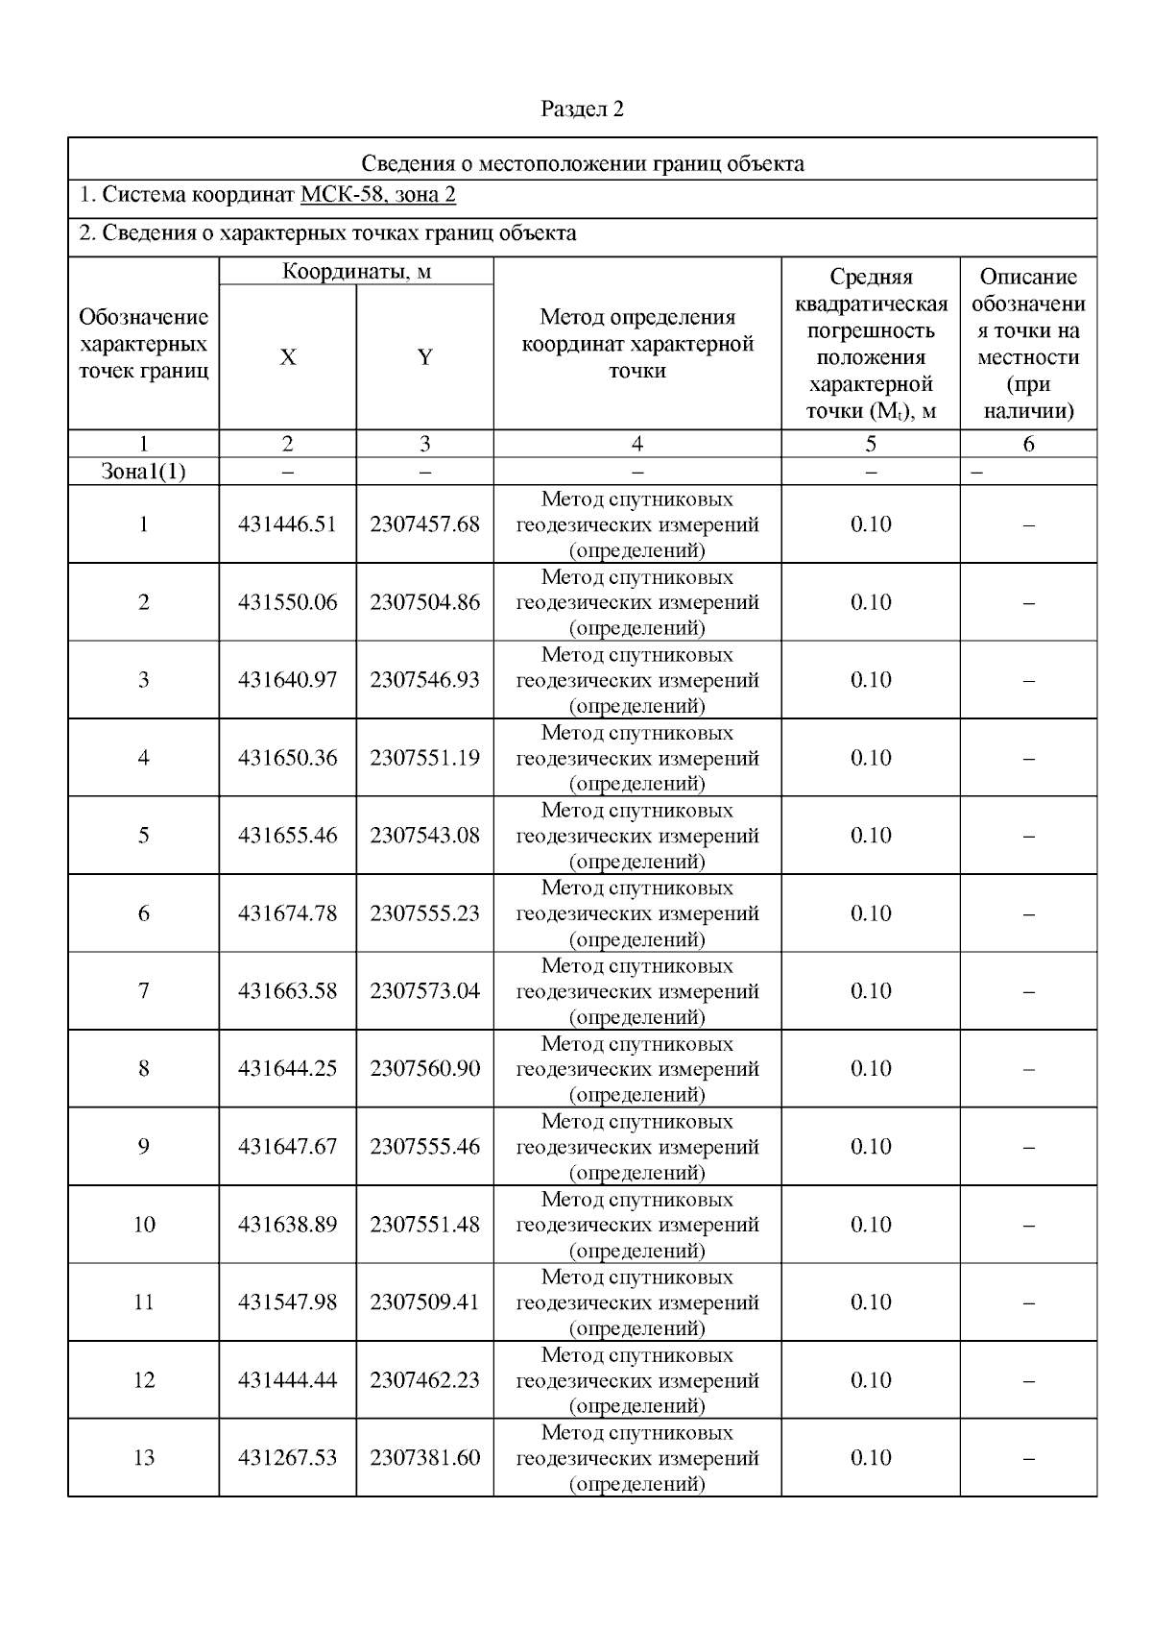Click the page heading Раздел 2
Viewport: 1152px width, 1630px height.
coord(582,109)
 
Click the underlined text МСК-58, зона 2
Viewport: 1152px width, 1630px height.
coord(377,196)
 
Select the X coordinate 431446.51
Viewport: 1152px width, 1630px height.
coord(287,524)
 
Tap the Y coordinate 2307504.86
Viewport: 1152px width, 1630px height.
coord(424,602)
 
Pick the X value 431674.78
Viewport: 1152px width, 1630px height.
coord(287,913)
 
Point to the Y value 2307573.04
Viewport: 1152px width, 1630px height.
coord(424,991)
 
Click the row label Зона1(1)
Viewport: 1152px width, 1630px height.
coord(143,472)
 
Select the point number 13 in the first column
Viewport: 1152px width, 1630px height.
coord(143,1458)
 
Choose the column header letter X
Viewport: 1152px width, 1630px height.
coord(287,357)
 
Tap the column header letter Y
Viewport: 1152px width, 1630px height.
coord(424,357)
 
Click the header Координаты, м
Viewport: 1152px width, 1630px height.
coord(356,272)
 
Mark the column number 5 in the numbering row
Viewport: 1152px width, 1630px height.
coord(870,444)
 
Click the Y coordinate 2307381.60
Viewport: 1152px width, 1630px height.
coord(424,1458)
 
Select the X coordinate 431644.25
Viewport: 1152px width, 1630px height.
coord(287,1069)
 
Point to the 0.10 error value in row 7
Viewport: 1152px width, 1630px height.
coord(870,991)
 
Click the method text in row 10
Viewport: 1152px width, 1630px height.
coord(636,1225)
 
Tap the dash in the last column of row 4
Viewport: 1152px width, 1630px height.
coord(1028,759)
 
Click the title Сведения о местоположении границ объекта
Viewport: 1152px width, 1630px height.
coord(582,163)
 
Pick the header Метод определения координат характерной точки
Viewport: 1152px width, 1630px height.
coord(636,344)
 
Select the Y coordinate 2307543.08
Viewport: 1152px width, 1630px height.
coord(424,836)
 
